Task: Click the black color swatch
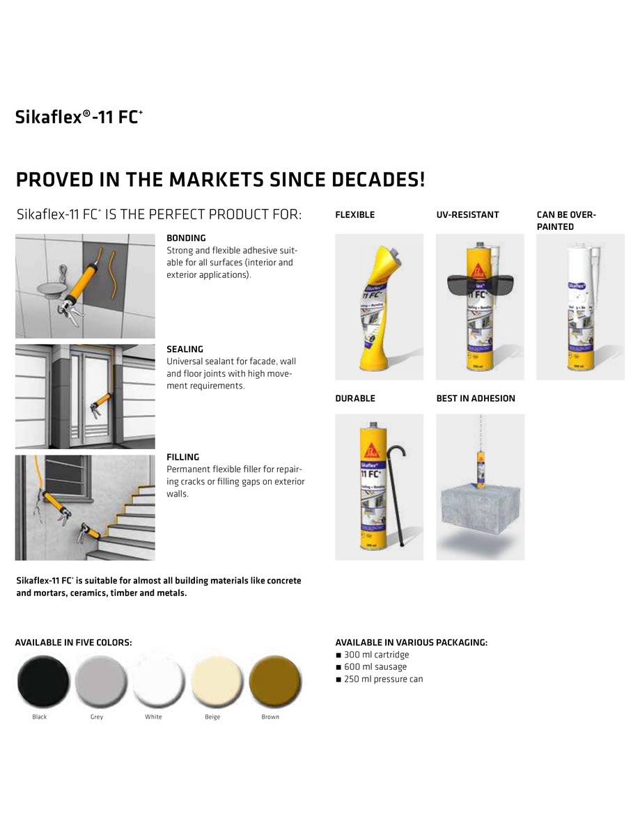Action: pyautogui.click(x=43, y=682)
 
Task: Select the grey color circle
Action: pyautogui.click(x=100, y=682)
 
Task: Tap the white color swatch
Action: pyautogui.click(x=158, y=682)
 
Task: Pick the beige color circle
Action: pyautogui.click(x=216, y=682)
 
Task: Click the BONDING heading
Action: pyautogui.click(x=186, y=238)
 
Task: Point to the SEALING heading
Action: pyautogui.click(x=185, y=349)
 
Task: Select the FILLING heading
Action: pyautogui.click(x=182, y=457)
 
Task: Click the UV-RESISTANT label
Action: pyautogui.click(x=467, y=215)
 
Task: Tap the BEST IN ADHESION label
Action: pyautogui.click(x=476, y=398)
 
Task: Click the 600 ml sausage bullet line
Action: pyautogui.click(x=375, y=667)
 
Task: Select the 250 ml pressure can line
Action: pyautogui.click(x=383, y=679)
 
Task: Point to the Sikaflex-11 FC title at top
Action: pyautogui.click(x=79, y=117)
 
